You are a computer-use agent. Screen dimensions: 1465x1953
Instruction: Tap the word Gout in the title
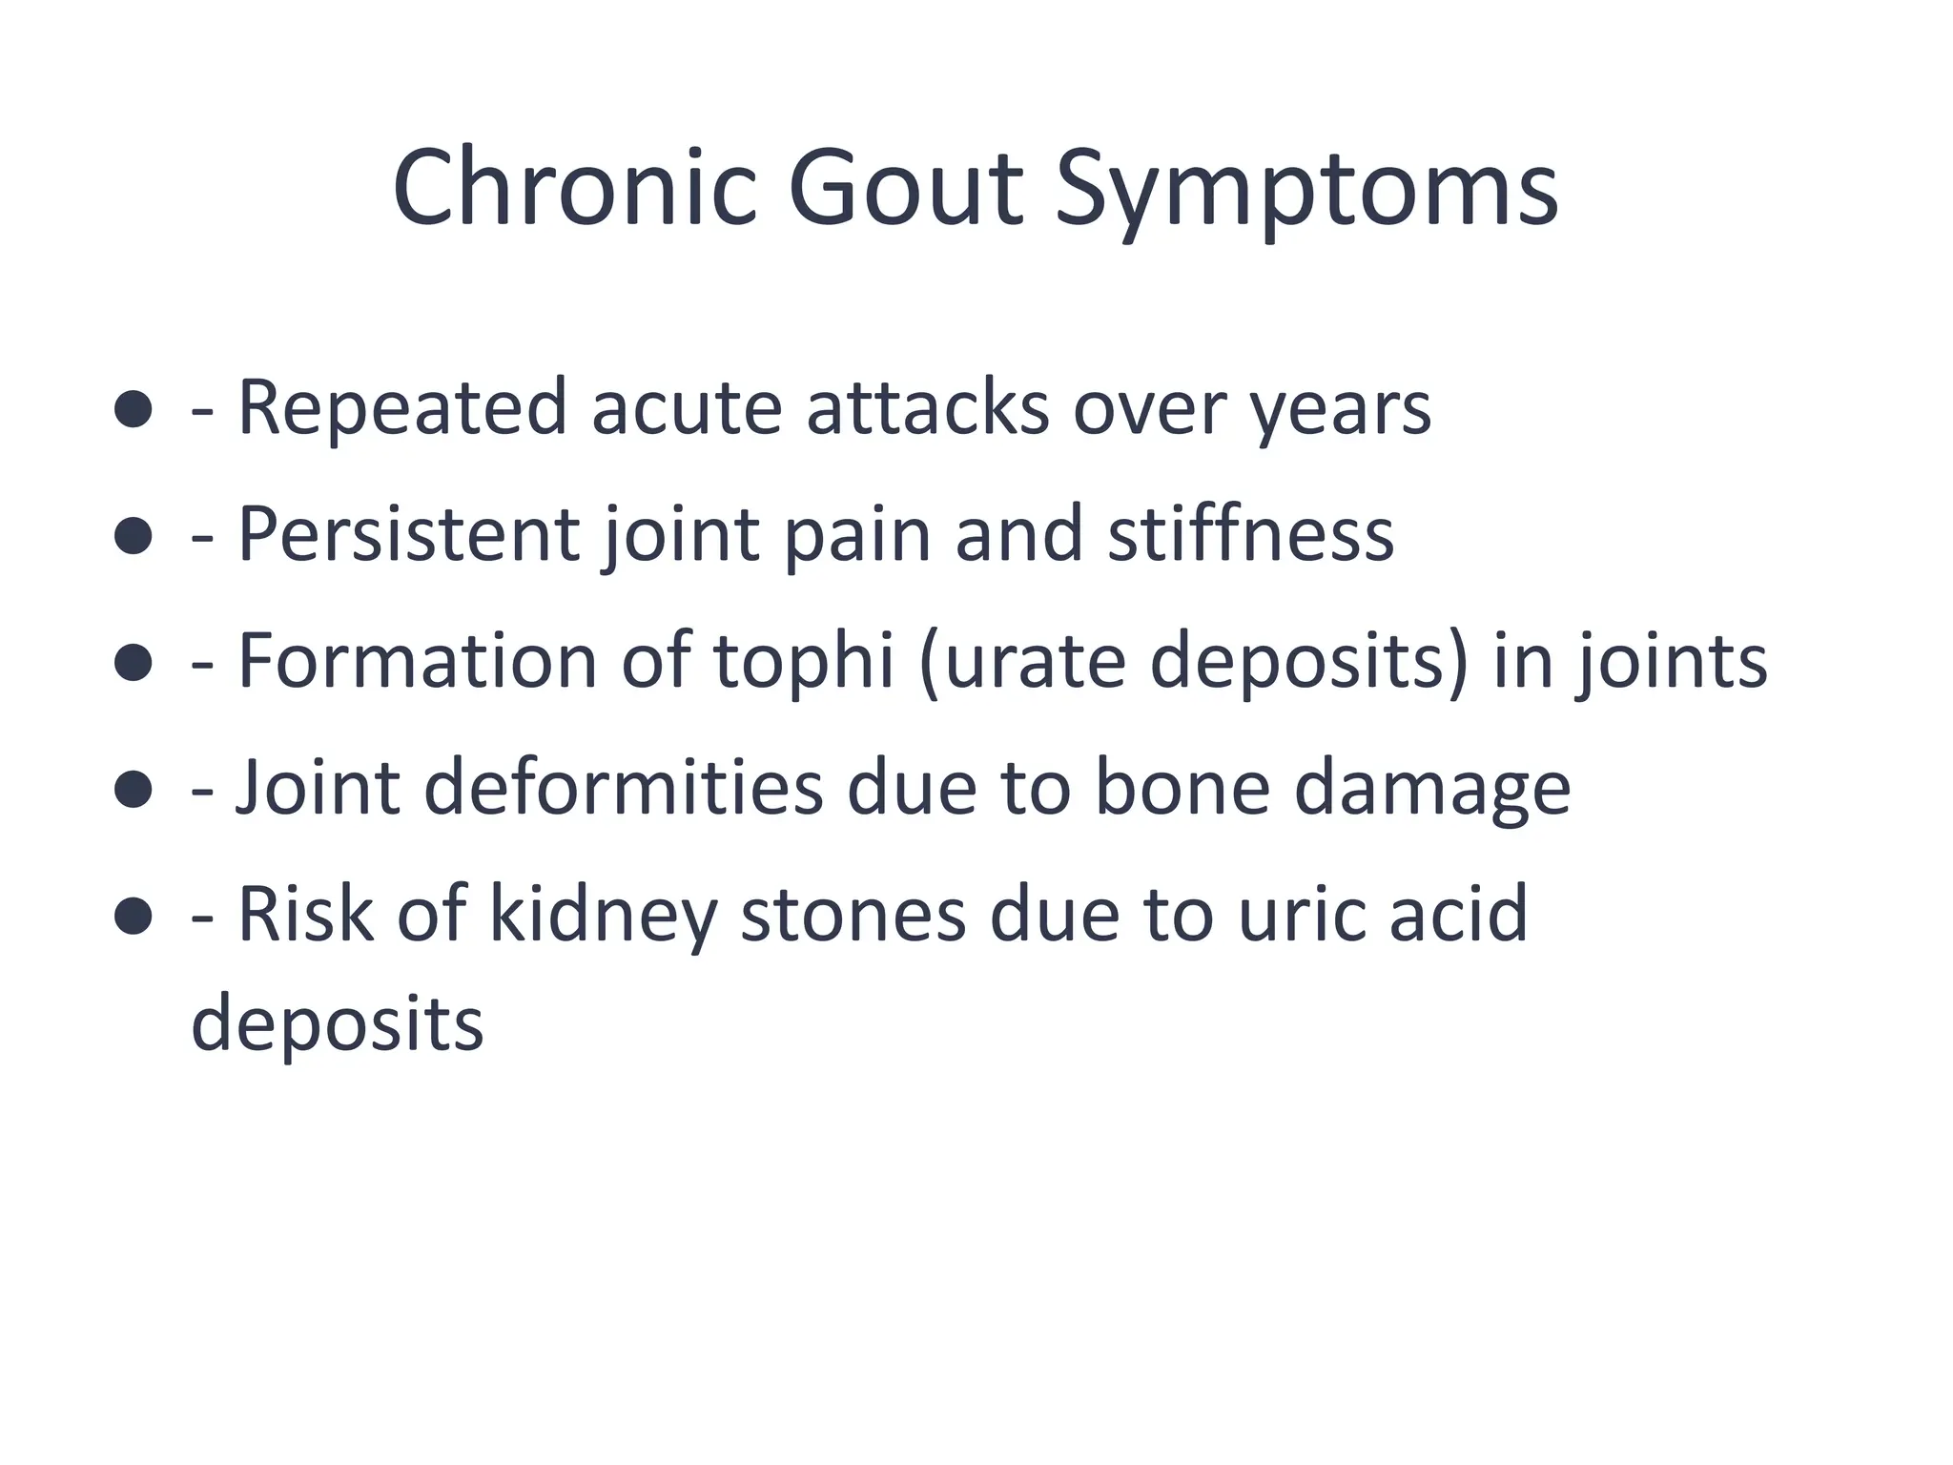pos(905,188)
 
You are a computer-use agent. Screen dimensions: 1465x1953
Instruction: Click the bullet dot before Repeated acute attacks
pos(133,408)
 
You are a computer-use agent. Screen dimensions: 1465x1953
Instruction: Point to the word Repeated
pos(401,408)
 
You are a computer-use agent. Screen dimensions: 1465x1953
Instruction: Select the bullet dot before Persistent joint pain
pos(133,535)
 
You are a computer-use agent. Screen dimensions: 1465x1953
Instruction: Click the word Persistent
pos(408,534)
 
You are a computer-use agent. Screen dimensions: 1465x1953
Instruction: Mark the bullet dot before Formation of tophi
pos(133,662)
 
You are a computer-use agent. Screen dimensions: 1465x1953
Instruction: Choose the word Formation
pos(417,660)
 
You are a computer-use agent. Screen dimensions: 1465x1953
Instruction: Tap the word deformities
pos(623,788)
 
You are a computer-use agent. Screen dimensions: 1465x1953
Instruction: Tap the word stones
pos(853,915)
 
